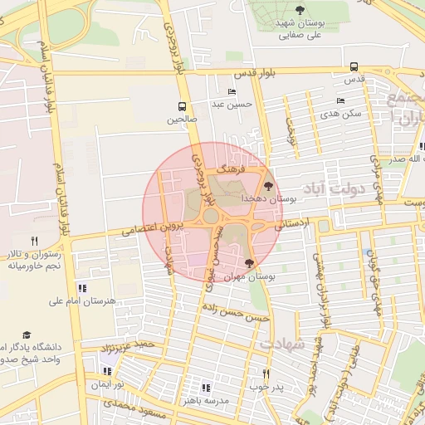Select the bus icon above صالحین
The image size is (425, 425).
(x=182, y=106)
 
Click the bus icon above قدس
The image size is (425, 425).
(x=354, y=66)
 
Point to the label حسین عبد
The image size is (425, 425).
(x=230, y=105)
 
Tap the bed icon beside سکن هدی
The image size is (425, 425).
(x=340, y=100)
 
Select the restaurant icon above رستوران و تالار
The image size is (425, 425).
(x=34, y=241)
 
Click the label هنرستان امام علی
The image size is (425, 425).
(x=83, y=300)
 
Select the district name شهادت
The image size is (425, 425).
(x=282, y=343)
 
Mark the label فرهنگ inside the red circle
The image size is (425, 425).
(x=227, y=167)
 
